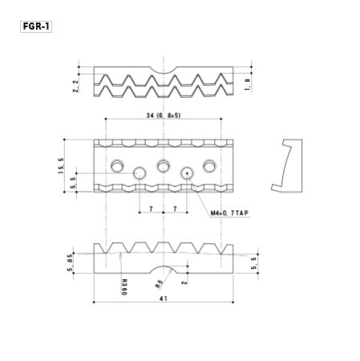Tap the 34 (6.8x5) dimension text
click(x=164, y=116)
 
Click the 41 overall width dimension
click(x=164, y=297)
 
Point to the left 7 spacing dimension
click(x=151, y=209)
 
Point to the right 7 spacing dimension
click(x=176, y=209)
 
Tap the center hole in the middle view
click(x=164, y=165)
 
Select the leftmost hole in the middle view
click(x=117, y=165)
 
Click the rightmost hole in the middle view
click(x=210, y=165)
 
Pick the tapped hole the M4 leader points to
click(x=188, y=172)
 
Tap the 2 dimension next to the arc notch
click(x=184, y=282)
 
